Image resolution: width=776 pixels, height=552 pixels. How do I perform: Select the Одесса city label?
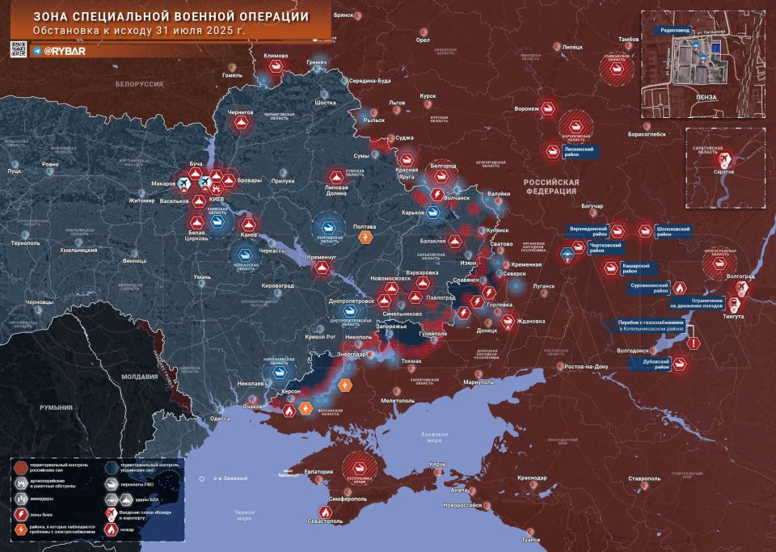coord(219,419)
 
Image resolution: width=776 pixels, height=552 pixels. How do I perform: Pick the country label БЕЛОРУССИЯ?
coord(138,84)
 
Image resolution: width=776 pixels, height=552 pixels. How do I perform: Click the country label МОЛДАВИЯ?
coord(134,377)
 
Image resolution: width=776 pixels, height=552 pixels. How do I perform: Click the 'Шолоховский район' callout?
coord(673,230)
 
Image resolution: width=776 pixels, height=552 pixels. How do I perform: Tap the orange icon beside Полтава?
coord(366,238)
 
